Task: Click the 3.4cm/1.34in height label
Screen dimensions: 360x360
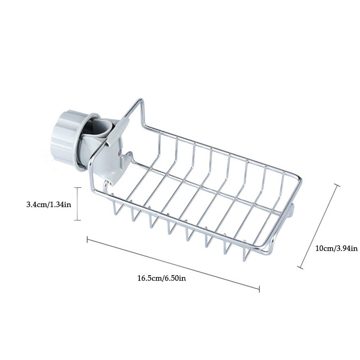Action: coord(49,204)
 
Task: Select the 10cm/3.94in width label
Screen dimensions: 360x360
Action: coord(336,248)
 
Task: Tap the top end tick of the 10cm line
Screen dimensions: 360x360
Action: coord(337,185)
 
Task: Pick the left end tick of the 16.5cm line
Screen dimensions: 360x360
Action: coord(87,239)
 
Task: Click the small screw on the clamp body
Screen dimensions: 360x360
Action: coord(119,153)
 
